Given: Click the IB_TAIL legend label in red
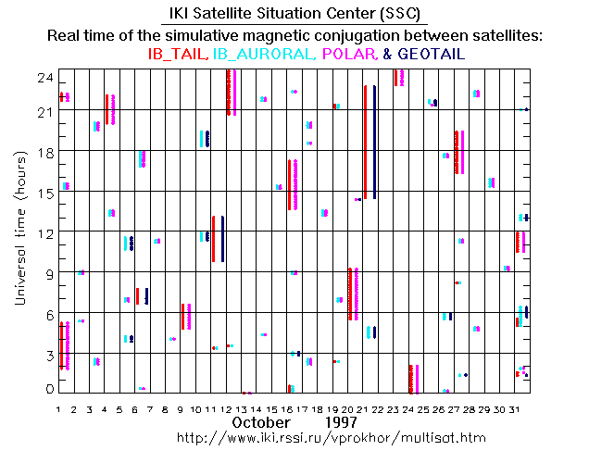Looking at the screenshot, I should coord(179,55).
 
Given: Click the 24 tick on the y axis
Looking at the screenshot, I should coord(44,78).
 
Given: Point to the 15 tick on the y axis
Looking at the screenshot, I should coord(44,191).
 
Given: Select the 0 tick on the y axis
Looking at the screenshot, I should coord(49,390).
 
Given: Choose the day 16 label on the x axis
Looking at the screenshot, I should coord(291,408).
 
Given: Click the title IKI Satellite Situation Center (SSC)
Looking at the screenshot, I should coord(294,15).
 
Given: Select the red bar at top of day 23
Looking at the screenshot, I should coord(396,78).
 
